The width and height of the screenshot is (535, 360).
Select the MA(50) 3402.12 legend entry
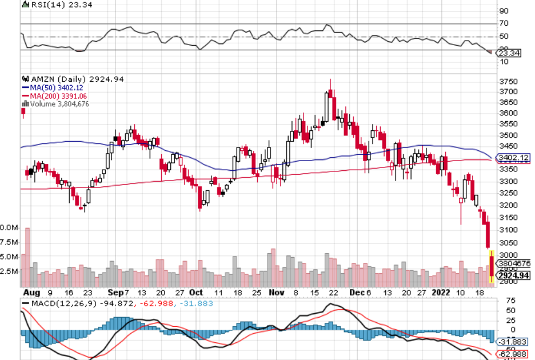point(50,87)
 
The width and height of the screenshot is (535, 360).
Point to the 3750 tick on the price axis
point(508,81)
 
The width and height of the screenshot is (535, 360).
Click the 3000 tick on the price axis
point(508,255)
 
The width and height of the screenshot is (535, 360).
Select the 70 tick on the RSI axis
point(504,24)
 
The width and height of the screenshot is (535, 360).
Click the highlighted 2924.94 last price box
point(514,275)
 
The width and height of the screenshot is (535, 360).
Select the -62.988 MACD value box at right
point(512,354)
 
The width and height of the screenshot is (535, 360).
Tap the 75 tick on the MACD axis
point(504,299)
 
